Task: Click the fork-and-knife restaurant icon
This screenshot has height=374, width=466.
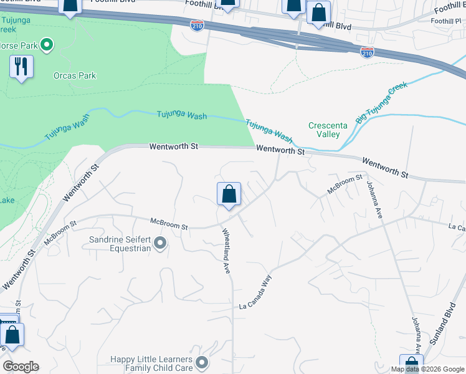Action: point(22,67)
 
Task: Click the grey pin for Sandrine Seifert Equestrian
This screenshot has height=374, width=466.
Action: point(160,243)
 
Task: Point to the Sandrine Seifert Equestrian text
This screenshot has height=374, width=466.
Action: point(120,243)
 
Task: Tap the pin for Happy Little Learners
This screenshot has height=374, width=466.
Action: point(201,362)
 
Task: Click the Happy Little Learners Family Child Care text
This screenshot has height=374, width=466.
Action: point(152,363)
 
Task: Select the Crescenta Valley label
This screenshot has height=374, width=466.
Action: point(324,130)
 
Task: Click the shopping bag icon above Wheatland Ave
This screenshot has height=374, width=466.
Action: point(229,194)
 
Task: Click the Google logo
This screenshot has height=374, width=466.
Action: point(21,367)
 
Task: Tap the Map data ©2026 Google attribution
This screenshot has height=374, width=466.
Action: point(427,369)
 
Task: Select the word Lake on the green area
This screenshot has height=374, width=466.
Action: point(6,200)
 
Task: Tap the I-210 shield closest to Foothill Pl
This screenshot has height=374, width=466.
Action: point(367,52)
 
